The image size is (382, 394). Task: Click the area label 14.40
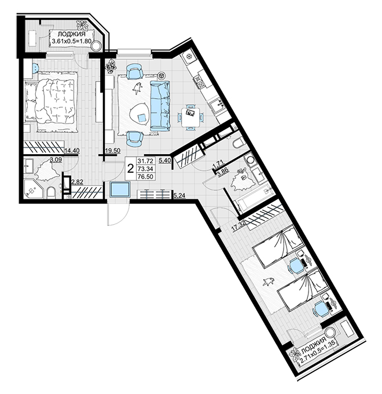click(x=72, y=151)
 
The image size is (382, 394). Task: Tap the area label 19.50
click(x=113, y=151)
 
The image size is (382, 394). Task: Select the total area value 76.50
click(x=145, y=176)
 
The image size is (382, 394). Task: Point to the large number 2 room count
click(x=130, y=169)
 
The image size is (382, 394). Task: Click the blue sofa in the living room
click(x=160, y=106)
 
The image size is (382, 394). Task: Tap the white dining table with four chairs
click(x=191, y=117)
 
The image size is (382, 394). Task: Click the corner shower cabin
click(x=34, y=188)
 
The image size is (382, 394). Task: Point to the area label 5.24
click(x=179, y=196)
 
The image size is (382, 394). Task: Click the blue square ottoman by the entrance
click(x=120, y=189)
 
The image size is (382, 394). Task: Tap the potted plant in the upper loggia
click(x=82, y=25)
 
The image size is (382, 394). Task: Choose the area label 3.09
click(x=56, y=159)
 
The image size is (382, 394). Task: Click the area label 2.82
click(x=78, y=182)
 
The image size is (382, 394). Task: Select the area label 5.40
click(x=165, y=160)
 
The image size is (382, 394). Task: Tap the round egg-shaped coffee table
click(x=140, y=114)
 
